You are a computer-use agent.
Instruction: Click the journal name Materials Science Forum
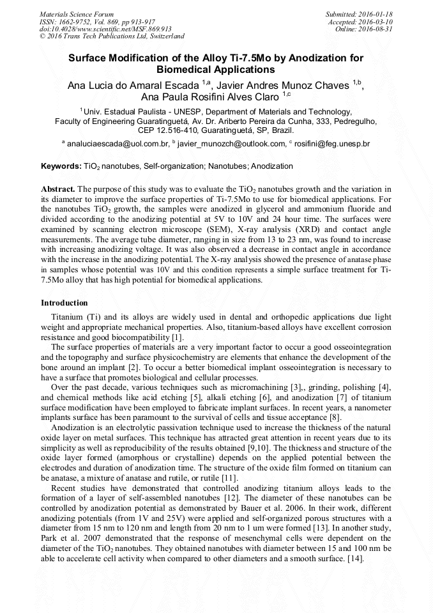tap(77, 13)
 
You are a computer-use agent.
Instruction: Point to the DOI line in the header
tap(105, 29)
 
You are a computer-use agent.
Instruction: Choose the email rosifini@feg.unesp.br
tap(332, 144)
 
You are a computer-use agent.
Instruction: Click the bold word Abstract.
tap(58, 189)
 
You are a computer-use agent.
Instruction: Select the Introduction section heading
tap(65, 302)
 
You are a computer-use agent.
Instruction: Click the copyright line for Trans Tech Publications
tap(112, 36)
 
